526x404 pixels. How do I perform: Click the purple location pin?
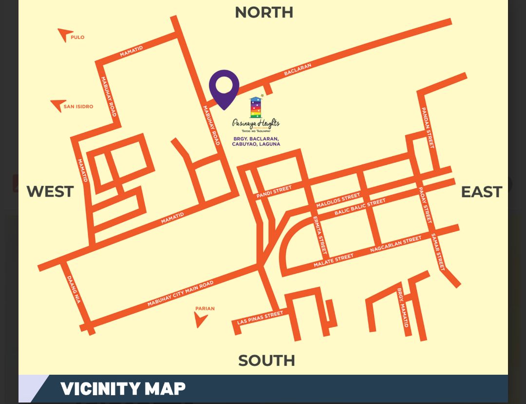[x=224, y=87]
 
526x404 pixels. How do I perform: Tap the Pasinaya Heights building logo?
[x=256, y=108]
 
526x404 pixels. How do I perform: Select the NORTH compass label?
[x=264, y=12]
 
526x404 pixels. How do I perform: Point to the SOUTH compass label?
[x=266, y=361]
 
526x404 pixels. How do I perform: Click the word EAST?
[x=481, y=192]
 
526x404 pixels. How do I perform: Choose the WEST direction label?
[x=50, y=192]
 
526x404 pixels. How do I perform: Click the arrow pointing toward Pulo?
[x=65, y=35]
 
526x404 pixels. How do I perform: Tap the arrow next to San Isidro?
[x=58, y=105]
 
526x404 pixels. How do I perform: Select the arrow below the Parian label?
[x=200, y=320]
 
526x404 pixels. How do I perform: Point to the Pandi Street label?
[x=274, y=192]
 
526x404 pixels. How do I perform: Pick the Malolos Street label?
[x=338, y=200]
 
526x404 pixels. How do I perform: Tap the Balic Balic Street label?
[x=360, y=207]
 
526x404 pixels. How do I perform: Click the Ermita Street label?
[x=319, y=235]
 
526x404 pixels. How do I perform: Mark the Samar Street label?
[x=438, y=252]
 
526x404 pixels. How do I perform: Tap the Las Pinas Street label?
[x=260, y=318]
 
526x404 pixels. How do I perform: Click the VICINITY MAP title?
[x=123, y=389]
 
